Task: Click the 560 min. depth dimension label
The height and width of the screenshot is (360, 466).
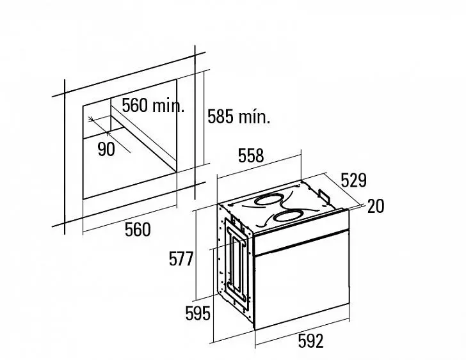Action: coord(153,105)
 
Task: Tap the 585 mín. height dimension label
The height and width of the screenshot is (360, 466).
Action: coord(239,116)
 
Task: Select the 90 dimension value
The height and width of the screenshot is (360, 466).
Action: coord(106,149)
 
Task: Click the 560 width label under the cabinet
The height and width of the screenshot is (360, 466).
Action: coord(138,230)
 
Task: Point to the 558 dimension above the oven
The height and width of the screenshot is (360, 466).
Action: coord(251,155)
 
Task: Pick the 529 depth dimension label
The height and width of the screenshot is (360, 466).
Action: coord(353,180)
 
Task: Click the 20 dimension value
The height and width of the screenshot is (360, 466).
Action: coord(376,207)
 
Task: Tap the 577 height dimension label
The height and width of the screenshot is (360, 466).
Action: coord(181,258)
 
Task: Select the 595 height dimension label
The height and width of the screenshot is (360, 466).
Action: coord(198,313)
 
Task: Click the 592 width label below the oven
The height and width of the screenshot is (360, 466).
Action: coord(310,341)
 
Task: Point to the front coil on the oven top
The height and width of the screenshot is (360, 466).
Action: coord(287,217)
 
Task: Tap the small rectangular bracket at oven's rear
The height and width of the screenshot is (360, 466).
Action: coord(324,196)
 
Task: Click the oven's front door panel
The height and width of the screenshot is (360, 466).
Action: coord(302,280)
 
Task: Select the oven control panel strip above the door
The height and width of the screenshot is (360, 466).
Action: coord(301,232)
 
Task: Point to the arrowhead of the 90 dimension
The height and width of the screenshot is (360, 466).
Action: coord(91,120)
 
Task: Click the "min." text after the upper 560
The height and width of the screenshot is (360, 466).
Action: coord(168,106)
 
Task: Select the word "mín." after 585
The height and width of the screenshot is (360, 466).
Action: coord(254,117)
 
